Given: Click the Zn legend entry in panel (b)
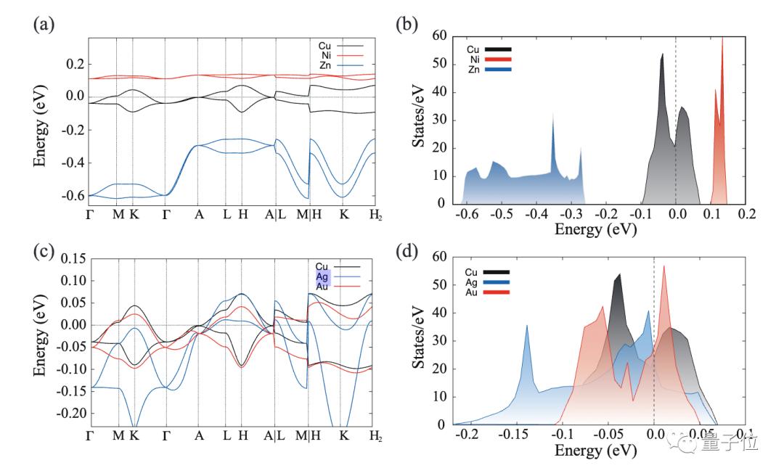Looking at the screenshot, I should click(473, 69).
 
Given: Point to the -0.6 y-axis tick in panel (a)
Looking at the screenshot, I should click(71, 196).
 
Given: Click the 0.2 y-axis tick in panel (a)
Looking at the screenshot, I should click(74, 64).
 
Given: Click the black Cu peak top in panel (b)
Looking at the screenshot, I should click(662, 54).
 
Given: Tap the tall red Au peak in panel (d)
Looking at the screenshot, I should click(663, 267).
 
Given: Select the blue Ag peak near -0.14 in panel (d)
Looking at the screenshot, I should click(527, 327).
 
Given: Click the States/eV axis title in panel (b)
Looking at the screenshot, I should click(420, 120).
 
